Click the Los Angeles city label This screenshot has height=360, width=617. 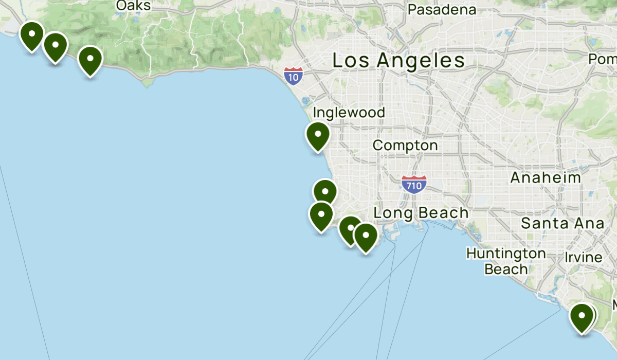pos(398,61)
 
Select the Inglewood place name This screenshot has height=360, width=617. pos(349,113)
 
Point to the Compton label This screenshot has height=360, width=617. pos(405,146)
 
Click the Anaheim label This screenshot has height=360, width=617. pos(546,178)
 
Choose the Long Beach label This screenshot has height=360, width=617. pos(421,213)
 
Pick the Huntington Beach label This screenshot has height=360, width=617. pos(506,261)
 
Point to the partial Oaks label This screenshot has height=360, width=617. pos(133,6)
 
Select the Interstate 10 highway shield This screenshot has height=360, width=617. pos(293,76)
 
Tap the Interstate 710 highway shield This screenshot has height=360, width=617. pos(414,184)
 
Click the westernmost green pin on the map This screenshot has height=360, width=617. pos(32,35)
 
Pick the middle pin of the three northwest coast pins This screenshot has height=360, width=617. pos(55,46)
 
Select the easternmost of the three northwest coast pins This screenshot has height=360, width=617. pos(90,60)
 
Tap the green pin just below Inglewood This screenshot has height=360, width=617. pos(318,135)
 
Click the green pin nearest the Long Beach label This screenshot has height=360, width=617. pos(366,237)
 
